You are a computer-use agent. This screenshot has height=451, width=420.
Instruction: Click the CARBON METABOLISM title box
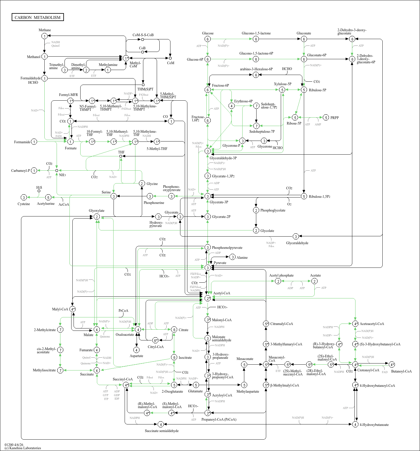[38, 17]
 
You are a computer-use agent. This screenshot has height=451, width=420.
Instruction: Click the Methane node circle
[44, 36]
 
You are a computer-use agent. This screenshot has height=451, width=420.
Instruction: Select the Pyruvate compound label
[220, 263]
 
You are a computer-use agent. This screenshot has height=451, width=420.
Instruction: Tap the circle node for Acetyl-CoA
[208, 298]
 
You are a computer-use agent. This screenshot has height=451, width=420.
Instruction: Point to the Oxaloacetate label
[125, 335]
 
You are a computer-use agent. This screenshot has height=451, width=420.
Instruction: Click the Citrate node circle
[174, 330]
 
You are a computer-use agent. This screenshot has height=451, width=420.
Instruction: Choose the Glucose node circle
[208, 39]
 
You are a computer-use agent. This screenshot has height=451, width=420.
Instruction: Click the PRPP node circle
[326, 118]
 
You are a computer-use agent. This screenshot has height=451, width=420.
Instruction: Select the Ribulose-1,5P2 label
[320, 197]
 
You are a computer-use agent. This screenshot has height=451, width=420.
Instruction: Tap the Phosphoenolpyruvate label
[227, 248]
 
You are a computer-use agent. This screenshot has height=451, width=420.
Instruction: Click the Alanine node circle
[232, 257]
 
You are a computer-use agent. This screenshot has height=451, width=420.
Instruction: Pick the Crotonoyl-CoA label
[368, 370]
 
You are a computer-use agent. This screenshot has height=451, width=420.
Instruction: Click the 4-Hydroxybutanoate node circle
[355, 424]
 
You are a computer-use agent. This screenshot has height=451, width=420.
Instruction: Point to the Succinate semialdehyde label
[162, 431]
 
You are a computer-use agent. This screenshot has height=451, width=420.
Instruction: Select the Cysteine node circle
[24, 197]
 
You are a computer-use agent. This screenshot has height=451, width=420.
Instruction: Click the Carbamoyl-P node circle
[34, 171]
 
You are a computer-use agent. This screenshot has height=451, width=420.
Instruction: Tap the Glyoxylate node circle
[97, 217]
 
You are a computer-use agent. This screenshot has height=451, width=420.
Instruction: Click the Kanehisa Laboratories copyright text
[23, 448]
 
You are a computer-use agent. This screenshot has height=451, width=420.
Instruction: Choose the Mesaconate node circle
[244, 364]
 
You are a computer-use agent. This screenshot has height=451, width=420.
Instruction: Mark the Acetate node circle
[314, 281]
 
